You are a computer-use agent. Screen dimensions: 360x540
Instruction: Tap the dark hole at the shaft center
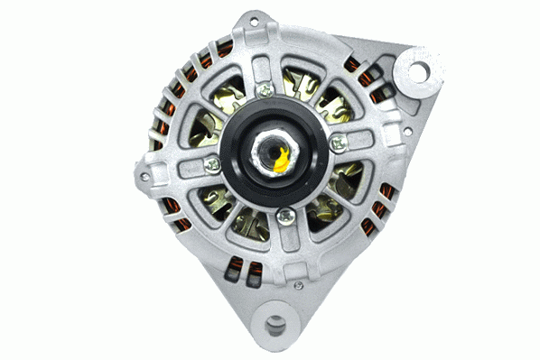(x=274, y=149)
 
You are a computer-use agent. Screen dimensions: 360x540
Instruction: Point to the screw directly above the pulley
(x=265, y=90)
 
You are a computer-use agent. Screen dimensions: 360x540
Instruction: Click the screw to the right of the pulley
(x=338, y=143)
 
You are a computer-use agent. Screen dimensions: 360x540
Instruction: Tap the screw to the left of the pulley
(x=211, y=163)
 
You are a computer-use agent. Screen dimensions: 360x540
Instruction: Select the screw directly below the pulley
(x=284, y=215)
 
